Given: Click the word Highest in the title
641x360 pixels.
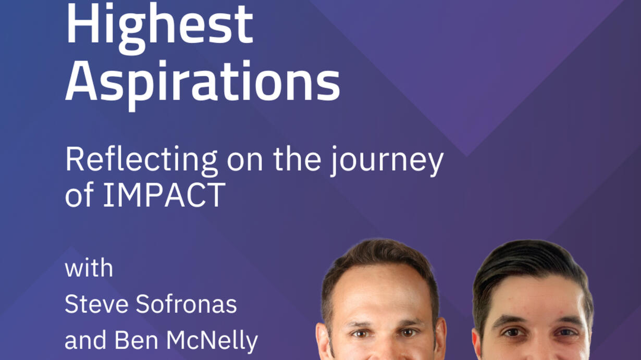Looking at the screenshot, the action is click(159, 28).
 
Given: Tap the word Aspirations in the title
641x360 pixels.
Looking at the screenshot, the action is click(203, 85).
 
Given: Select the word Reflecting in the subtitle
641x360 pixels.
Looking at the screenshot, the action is click(141, 160).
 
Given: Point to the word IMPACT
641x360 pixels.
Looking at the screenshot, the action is click(164, 195).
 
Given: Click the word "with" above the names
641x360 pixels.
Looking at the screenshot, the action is click(89, 268).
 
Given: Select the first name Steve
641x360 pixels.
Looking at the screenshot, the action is click(96, 304).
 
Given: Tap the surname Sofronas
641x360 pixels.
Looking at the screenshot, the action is click(186, 304).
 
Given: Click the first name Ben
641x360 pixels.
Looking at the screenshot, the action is click(137, 340).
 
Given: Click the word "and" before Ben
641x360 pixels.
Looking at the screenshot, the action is click(86, 340).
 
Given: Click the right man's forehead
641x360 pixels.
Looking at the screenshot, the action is click(535, 297).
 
